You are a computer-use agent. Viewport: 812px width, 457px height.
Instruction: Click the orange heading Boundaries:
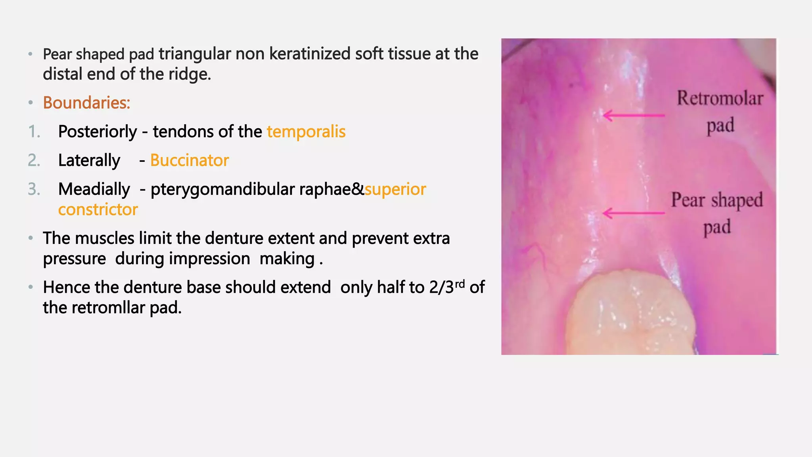86,103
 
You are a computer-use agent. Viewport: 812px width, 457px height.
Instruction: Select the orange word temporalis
306,132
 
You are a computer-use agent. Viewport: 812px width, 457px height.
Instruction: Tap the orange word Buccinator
190,161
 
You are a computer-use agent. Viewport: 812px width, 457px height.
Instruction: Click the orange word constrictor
98,209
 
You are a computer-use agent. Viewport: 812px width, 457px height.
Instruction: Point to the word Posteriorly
98,132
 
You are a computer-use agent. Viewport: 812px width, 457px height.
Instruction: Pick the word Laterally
89,161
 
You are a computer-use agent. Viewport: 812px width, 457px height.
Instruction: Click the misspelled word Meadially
94,189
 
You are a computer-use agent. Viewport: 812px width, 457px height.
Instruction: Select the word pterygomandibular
223,190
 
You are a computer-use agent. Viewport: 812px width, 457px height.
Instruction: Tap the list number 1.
34,132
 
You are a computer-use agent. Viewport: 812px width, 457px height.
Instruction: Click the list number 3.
34,189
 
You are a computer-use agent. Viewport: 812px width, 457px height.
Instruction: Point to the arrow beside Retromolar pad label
633,115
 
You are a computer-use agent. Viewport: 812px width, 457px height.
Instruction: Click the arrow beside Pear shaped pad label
633,213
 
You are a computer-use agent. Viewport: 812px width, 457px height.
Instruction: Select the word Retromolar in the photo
720,98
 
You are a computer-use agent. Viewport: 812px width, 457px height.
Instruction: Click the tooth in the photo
630,313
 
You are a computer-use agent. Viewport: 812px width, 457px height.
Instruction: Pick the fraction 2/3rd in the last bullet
447,287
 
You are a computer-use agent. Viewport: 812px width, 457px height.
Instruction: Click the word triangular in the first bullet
195,54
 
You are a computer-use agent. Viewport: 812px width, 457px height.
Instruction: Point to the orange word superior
395,189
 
